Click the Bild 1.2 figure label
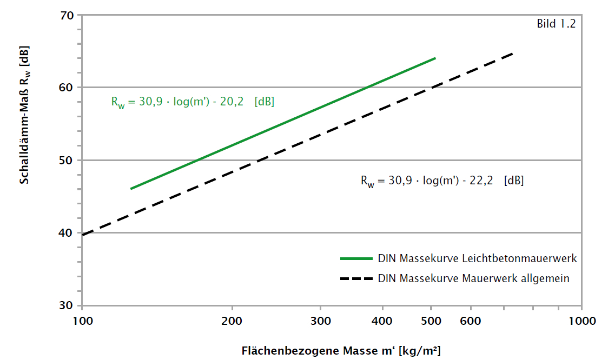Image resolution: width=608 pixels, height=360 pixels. tap(556, 24)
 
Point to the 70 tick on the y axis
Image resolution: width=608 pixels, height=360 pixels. tap(67, 15)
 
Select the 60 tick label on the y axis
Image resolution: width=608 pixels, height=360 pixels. tap(67, 88)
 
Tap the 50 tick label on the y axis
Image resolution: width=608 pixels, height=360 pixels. tap(67, 161)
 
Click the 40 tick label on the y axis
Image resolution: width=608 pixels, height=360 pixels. tap(67, 233)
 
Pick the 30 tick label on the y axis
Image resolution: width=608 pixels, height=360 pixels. tap(67, 306)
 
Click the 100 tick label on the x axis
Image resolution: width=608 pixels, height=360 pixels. tap(82, 322)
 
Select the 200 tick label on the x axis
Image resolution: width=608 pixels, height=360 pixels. tap(232, 322)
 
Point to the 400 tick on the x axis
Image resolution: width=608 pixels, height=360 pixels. tap(382, 322)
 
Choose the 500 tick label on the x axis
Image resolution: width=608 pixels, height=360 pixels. tap(431, 322)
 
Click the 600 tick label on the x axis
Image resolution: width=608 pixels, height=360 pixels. tap(471, 322)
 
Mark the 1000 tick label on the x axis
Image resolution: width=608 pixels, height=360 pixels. tap(581, 322)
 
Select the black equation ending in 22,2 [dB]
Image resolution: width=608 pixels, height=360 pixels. tap(442, 181)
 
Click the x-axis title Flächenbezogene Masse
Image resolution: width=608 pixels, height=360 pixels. tap(341, 351)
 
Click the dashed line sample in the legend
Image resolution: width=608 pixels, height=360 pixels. tap(356, 279)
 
